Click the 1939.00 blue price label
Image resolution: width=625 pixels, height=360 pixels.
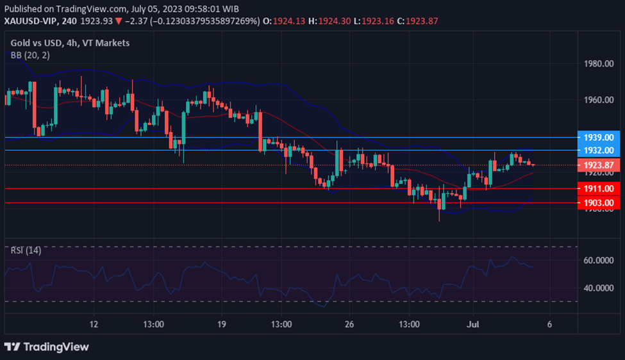[598, 137]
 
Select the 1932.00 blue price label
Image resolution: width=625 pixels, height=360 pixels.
[598, 150]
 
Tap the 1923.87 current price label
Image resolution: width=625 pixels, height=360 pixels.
[598, 165]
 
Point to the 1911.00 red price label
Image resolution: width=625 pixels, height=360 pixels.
[598, 189]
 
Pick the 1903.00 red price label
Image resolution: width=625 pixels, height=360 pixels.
[598, 202]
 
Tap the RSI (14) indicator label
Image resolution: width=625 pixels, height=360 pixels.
[26, 250]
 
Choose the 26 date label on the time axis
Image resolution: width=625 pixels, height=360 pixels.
[349, 324]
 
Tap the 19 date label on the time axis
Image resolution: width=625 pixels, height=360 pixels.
[222, 324]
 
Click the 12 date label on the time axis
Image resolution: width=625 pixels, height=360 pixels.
[94, 324]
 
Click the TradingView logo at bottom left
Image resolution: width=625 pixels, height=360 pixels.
[47, 347]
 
